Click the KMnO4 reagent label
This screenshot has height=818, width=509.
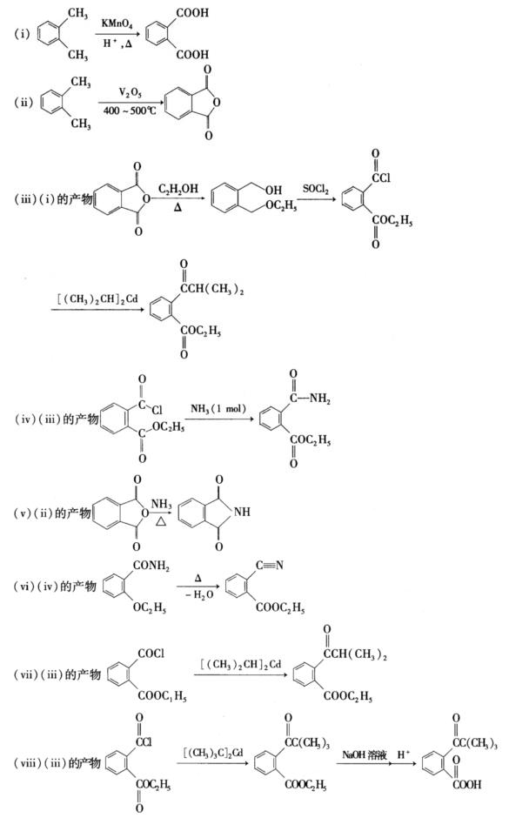click(x=117, y=23)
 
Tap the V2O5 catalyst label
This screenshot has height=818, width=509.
click(x=130, y=93)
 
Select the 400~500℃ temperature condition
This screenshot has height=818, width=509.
click(x=130, y=111)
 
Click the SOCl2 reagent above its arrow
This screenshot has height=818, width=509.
click(x=316, y=189)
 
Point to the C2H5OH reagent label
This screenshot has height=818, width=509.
click(x=177, y=189)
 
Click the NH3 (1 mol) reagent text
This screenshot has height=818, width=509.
click(x=218, y=408)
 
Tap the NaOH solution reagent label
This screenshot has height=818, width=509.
click(x=364, y=754)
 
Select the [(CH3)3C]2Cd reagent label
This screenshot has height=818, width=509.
click(x=213, y=753)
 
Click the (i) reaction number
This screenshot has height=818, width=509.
click(x=22, y=35)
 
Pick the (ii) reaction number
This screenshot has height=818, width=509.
click(x=23, y=103)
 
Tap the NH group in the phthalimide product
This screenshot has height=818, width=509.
click(x=242, y=512)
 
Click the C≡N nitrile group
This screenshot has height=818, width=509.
click(x=270, y=565)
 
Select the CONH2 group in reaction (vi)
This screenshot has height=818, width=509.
click(x=151, y=566)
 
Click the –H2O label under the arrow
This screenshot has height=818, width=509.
click(x=199, y=594)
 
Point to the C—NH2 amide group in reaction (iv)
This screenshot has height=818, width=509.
click(x=311, y=399)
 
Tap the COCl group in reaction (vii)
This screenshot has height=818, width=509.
click(x=151, y=654)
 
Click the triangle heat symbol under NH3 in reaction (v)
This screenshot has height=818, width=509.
click(x=161, y=520)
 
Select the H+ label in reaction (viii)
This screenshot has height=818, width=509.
click(x=404, y=754)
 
